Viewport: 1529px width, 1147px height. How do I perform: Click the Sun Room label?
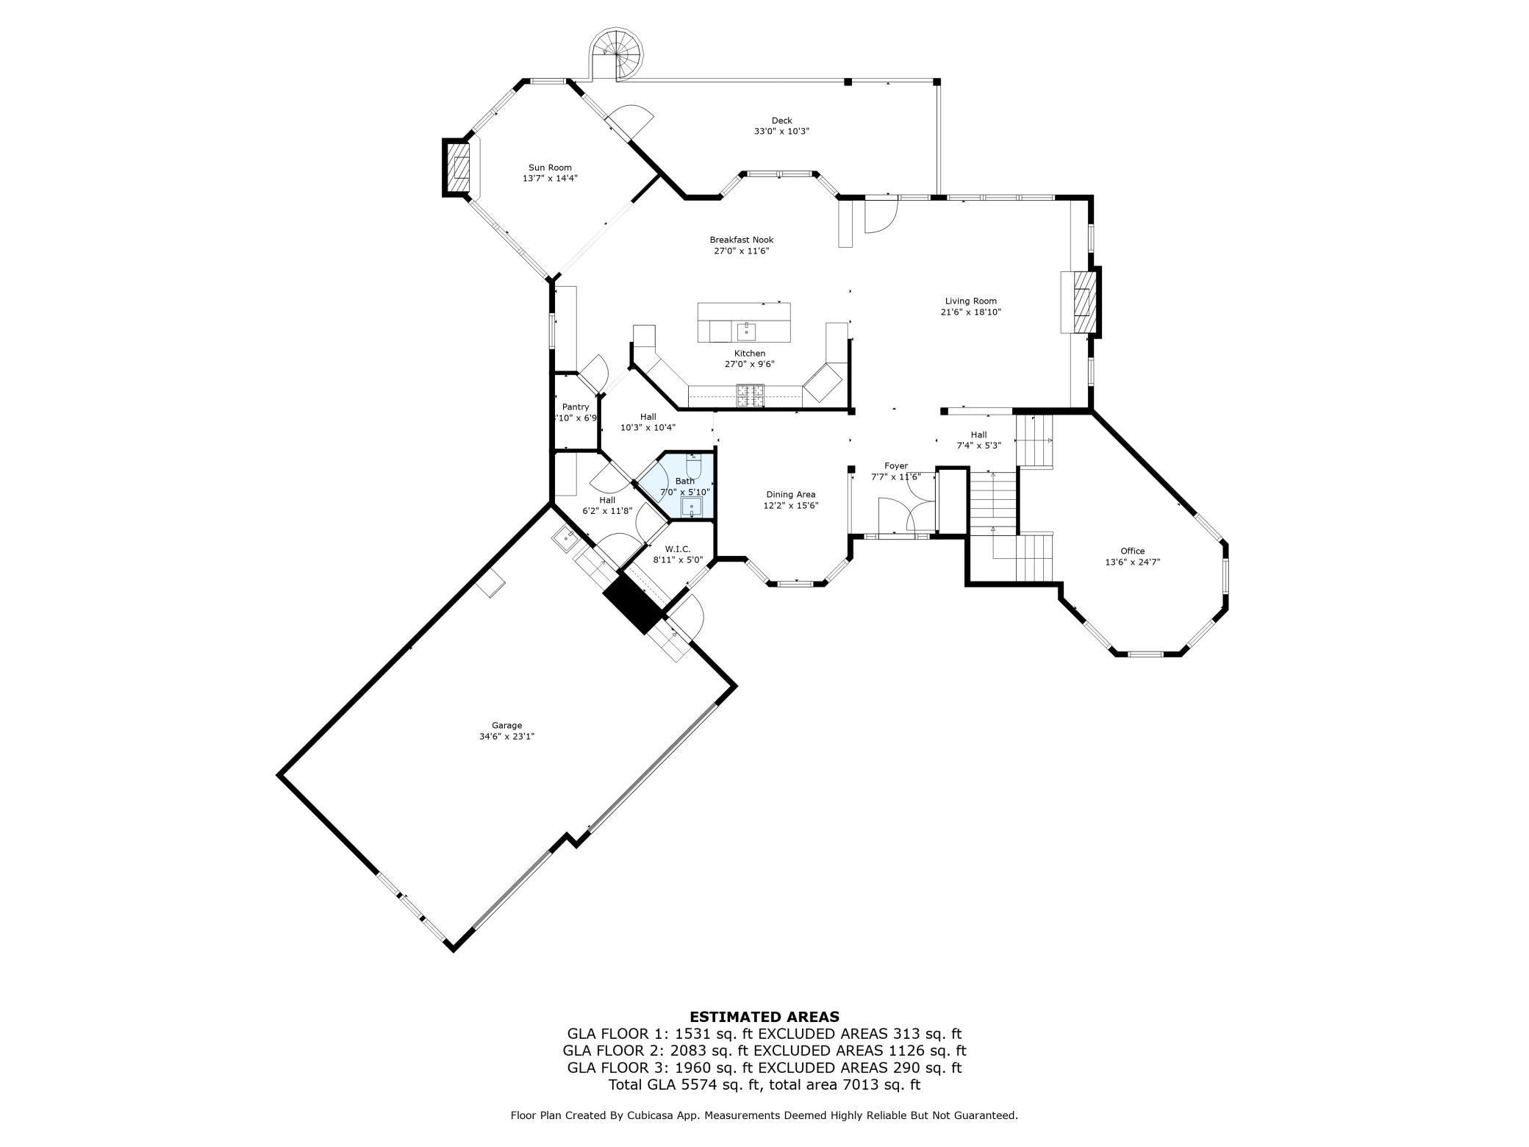[x=550, y=168]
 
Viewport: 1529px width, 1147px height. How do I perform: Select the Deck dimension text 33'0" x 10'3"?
[x=781, y=132]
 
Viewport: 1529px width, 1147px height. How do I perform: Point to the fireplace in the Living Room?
[x=1082, y=302]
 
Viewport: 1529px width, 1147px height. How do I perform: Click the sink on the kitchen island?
[x=746, y=332]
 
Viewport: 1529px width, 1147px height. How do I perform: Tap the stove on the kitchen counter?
[x=751, y=396]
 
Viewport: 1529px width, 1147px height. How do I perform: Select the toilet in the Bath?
[x=695, y=466]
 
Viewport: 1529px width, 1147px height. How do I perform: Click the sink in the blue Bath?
[x=692, y=507]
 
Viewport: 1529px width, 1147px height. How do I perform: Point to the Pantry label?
[x=576, y=407]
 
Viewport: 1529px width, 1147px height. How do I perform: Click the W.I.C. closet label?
[x=678, y=549]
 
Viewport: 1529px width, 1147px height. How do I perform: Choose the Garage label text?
[x=506, y=726]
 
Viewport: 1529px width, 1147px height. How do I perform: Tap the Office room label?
[x=1132, y=551]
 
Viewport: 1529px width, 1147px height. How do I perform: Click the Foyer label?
[x=895, y=466]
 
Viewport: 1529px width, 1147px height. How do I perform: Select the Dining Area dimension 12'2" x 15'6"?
[x=790, y=506]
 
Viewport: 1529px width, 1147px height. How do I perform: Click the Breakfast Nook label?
[x=741, y=240]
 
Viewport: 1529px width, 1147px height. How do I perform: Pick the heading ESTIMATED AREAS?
[x=764, y=1018]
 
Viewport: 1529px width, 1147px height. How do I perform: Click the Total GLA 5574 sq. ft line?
[x=764, y=1085]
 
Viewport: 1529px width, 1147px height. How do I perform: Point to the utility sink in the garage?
[x=565, y=538]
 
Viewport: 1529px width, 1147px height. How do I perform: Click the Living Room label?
[x=970, y=301]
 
